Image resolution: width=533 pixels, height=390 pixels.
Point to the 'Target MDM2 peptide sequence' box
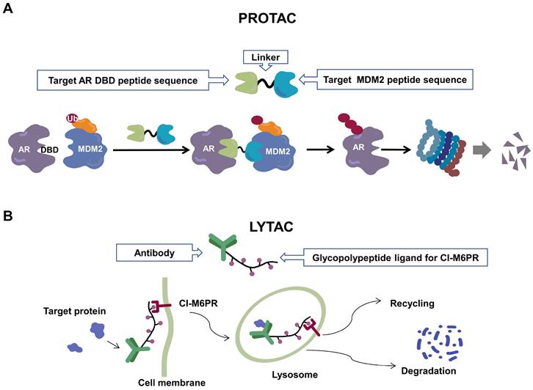click(393, 78)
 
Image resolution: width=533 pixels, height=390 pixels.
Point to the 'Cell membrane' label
click(170, 382)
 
